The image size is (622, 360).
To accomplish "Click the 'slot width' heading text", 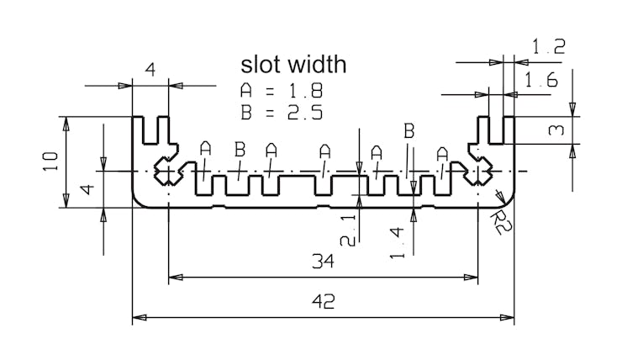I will coord(293,65).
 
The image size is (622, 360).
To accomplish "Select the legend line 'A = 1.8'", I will coord(282,91).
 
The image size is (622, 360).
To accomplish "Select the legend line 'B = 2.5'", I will coord(282,113).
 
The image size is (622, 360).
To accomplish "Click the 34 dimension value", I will coord(323,262).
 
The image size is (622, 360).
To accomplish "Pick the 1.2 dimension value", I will coord(548,48).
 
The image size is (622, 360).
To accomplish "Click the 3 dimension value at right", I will coord(556,130).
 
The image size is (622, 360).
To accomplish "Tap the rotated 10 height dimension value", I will coord(50,161).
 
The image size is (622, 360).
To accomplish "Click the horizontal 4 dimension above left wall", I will coord(150,71).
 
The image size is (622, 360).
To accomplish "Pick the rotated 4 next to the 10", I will coord(87,190).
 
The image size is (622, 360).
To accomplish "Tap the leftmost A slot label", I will coord(206,149).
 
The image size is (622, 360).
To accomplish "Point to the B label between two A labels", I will coord(240,150).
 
